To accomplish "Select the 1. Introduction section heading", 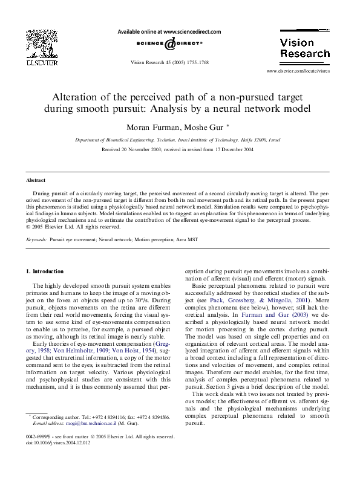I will point(47,271).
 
